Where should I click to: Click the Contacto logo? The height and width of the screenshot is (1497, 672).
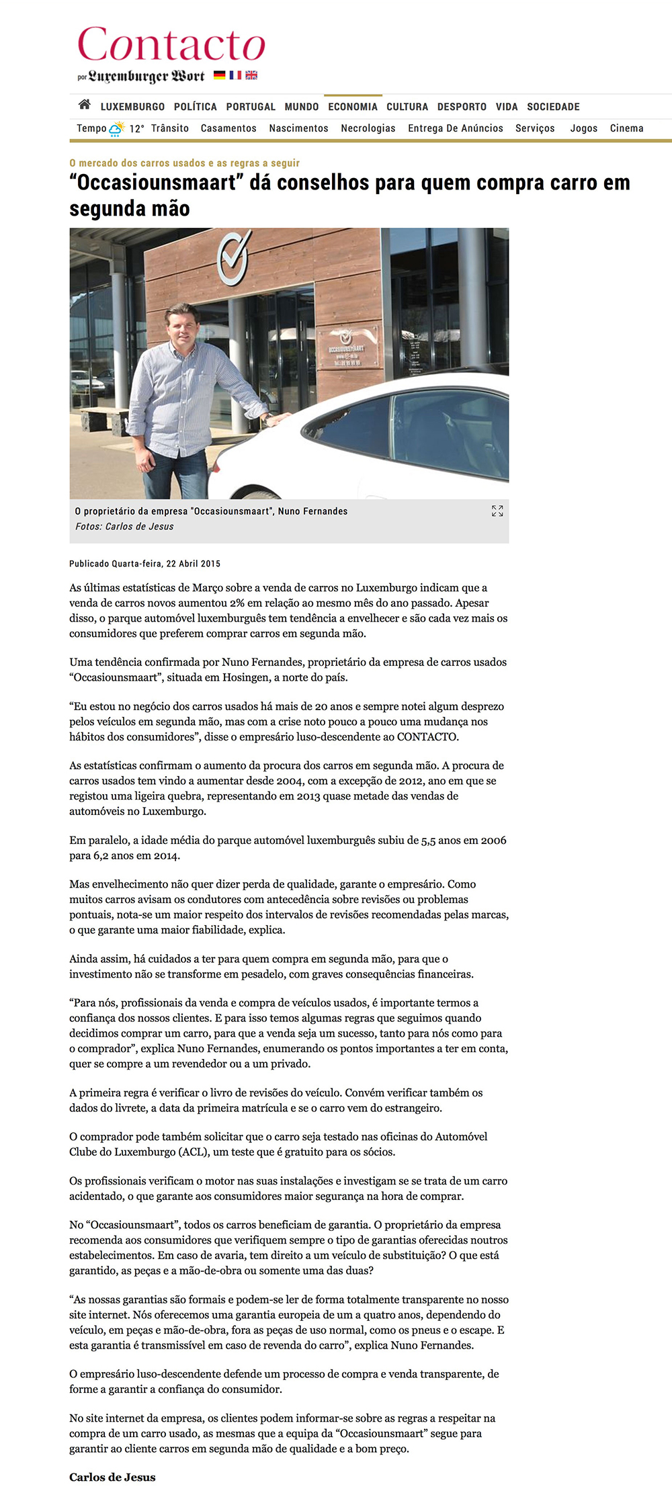tap(171, 46)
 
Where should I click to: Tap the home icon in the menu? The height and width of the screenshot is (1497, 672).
tap(85, 105)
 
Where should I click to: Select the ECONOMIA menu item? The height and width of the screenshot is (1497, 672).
tap(353, 107)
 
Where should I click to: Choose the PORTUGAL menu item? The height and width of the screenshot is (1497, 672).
tap(251, 107)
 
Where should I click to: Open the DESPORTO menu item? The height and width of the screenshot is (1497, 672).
tap(462, 107)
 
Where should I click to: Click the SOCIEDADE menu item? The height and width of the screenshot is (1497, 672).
tap(553, 107)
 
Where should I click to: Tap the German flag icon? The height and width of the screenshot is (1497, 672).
tap(220, 75)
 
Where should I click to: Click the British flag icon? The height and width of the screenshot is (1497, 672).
tap(251, 75)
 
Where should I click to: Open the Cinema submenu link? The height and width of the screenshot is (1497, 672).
tap(626, 128)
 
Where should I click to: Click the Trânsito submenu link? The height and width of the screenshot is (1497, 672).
tap(170, 128)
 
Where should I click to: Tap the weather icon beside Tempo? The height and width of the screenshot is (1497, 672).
tap(117, 128)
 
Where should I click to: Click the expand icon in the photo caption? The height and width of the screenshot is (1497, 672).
tap(497, 511)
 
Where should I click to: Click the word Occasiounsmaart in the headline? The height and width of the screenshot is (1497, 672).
tap(156, 183)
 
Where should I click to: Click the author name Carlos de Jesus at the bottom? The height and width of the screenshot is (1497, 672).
tap(112, 1477)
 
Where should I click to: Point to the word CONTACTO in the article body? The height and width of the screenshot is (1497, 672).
tap(427, 736)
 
